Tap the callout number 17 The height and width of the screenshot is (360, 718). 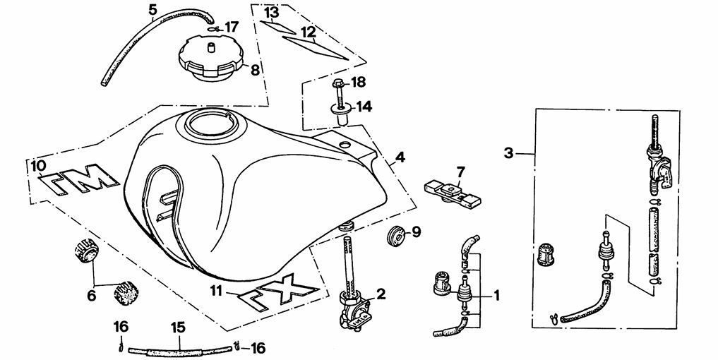point(231,27)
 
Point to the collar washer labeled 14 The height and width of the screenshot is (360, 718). point(341,113)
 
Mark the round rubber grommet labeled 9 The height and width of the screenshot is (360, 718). point(397,236)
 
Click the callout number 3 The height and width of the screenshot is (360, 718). point(508,153)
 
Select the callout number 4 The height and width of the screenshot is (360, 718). point(400,157)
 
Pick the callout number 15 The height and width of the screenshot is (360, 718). point(178,328)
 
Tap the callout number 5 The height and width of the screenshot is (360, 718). point(153,9)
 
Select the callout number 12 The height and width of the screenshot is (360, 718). point(309,32)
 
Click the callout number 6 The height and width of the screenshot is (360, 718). point(92,296)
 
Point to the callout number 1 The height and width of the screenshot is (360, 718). point(496,296)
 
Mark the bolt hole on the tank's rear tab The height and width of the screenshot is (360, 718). point(343,145)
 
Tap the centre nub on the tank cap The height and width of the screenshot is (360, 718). point(211,47)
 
